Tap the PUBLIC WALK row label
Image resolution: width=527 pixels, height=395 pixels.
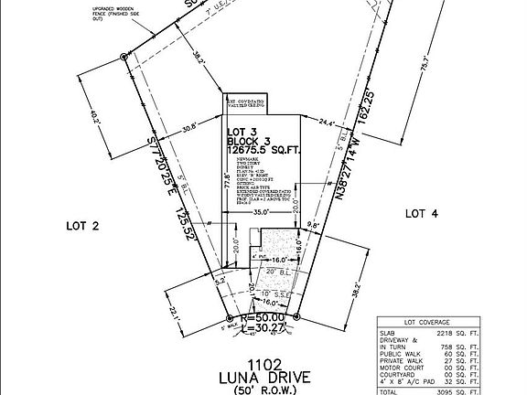pyautogui.click(x=402, y=350)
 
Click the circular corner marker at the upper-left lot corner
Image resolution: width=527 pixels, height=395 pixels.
pyautogui.click(x=124, y=58)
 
